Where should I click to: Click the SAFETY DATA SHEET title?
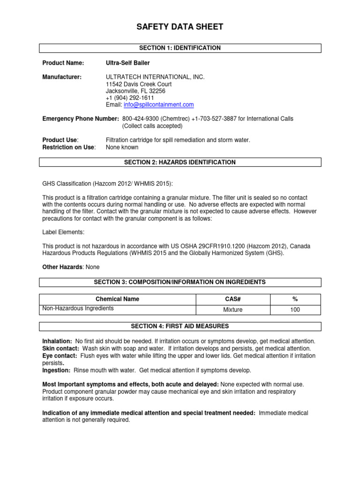click(180, 27)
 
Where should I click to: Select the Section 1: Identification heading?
click(180, 48)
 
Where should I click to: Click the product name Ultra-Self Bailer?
click(128, 63)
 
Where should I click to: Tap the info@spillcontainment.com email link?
click(158, 105)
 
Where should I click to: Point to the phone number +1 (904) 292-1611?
click(130, 97)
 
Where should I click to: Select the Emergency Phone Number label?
click(81, 119)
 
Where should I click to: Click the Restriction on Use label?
click(69, 147)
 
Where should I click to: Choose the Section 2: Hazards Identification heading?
click(180, 162)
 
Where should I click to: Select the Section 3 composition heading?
click(180, 282)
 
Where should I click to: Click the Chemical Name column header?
click(117, 299)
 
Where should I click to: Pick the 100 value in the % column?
click(295, 310)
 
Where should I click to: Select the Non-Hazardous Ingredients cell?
click(78, 308)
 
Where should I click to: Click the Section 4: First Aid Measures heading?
click(180, 326)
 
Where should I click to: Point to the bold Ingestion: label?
click(56, 370)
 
